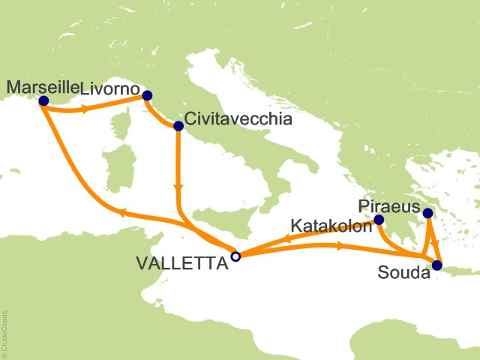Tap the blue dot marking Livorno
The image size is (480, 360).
[147, 95]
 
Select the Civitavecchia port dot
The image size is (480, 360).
[178, 126]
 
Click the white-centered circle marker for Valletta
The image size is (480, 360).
[235, 256]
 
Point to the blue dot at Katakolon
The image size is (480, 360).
[379, 220]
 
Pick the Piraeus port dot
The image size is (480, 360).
[427, 214]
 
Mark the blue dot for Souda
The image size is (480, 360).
[437, 264]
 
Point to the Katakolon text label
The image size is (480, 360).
[331, 225]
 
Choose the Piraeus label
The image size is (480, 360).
[385, 205]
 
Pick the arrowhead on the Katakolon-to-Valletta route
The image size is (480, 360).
[287, 241]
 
